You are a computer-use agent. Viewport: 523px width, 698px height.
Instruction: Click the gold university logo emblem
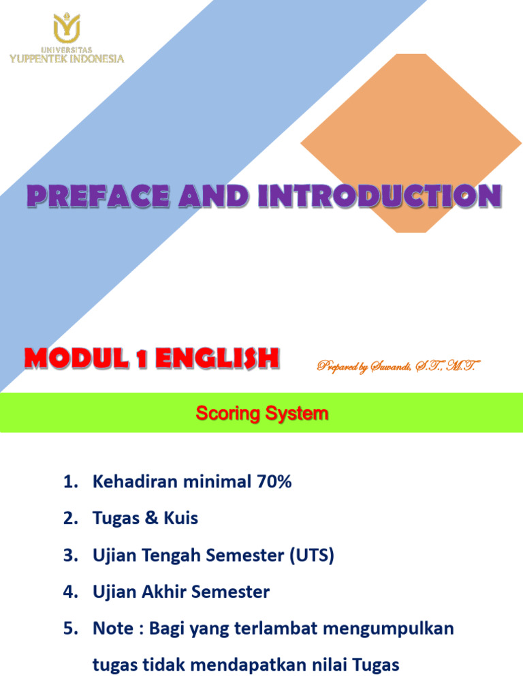(x=67, y=28)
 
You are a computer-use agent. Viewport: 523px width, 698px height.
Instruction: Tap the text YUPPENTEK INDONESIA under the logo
(x=67, y=59)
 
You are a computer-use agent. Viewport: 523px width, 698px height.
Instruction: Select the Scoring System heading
(x=261, y=413)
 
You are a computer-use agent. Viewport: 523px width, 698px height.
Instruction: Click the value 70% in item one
(x=274, y=482)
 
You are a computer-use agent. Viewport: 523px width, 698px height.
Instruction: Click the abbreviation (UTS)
(x=311, y=556)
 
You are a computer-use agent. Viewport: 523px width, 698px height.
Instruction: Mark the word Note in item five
(x=112, y=628)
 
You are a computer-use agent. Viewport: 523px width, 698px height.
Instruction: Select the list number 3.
(x=68, y=556)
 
